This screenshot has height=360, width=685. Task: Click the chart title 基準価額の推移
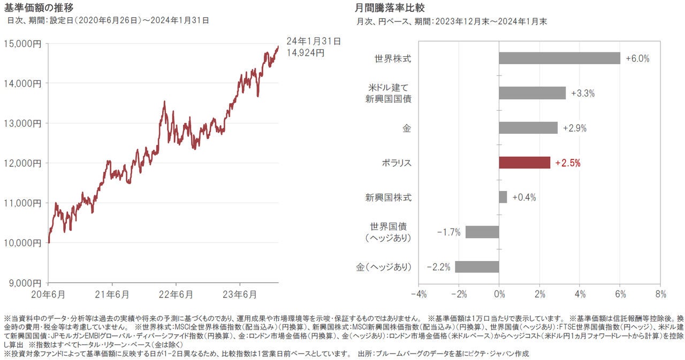coord(38,7)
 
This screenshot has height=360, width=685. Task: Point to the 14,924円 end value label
coord(305,52)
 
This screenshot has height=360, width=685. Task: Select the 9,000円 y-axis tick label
coord(25,282)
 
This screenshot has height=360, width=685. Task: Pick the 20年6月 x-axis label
coord(48,294)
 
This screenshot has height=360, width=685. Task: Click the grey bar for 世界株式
coord(559,58)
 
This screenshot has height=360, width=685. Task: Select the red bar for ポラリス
coord(524,163)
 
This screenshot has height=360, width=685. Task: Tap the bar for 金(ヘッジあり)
coord(477,266)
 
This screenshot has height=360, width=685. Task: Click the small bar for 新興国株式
coord(503,197)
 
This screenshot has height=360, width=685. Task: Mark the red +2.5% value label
coord(568,163)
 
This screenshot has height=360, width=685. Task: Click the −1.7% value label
coord(448,232)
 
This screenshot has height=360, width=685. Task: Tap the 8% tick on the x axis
coord(660,294)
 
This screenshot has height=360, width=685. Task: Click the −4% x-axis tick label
coord(418,294)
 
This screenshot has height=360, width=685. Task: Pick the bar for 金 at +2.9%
coord(528,128)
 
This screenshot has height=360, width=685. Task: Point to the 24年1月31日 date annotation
coord(313,41)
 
